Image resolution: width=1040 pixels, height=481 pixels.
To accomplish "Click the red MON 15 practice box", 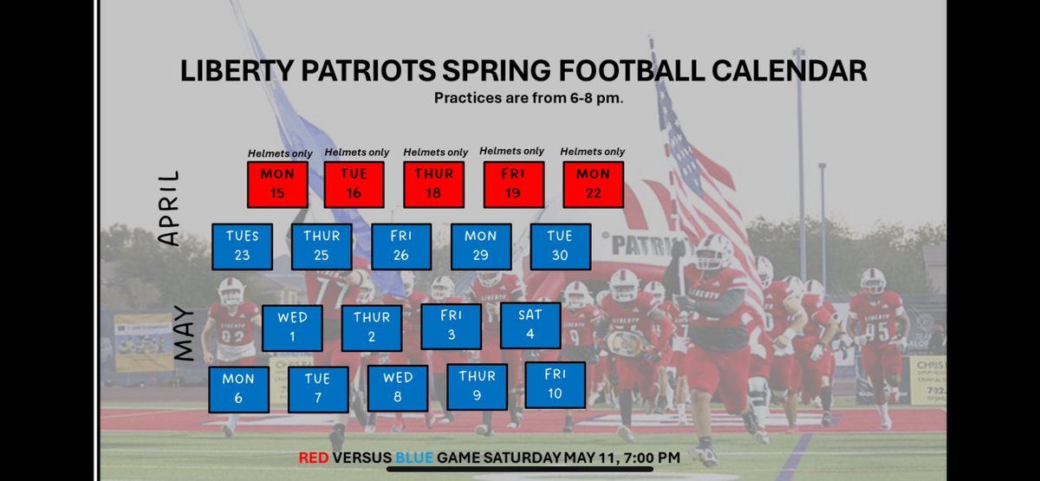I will pyautogui.click(x=277, y=184).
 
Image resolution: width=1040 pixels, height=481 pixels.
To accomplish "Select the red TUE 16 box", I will pyautogui.click(x=354, y=184).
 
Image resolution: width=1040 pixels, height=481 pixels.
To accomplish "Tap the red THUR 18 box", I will pyautogui.click(x=434, y=184).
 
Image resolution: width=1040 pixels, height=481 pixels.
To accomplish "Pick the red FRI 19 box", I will pyautogui.click(x=513, y=184).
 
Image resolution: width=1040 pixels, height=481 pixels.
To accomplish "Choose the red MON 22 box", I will pyautogui.click(x=593, y=184).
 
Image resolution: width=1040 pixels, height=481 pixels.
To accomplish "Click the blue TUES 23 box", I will pyautogui.click(x=242, y=246).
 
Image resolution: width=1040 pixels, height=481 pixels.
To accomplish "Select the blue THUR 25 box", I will pyautogui.click(x=322, y=246).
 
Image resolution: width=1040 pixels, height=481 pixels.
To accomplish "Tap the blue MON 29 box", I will pyautogui.click(x=480, y=246).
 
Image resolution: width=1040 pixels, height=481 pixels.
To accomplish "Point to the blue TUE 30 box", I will pyautogui.click(x=560, y=246).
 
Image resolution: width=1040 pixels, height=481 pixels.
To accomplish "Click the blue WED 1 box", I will pyautogui.click(x=292, y=328).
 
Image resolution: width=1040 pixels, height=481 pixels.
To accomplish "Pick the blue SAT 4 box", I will pyautogui.click(x=531, y=325).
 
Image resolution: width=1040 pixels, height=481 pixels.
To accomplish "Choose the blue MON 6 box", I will pyautogui.click(x=238, y=389).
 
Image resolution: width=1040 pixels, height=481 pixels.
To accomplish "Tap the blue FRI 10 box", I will pyautogui.click(x=555, y=385).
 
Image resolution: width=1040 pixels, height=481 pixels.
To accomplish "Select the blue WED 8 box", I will pyautogui.click(x=398, y=387).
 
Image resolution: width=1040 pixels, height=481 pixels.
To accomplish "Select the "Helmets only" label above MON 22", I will pyautogui.click(x=593, y=152).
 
